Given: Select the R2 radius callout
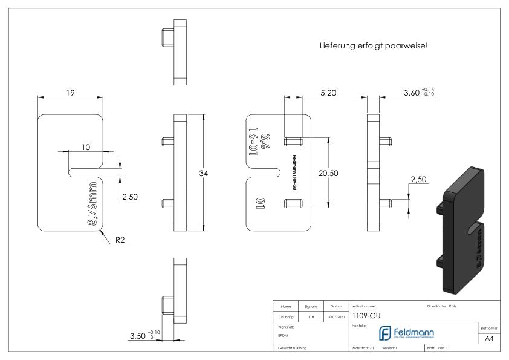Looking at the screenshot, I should pos(121,240).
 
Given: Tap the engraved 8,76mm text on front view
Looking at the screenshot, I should pos(92,203).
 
